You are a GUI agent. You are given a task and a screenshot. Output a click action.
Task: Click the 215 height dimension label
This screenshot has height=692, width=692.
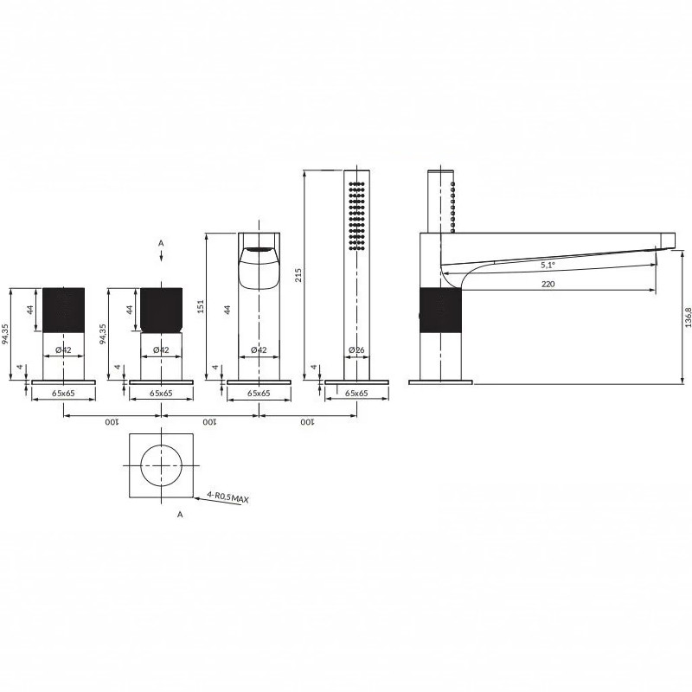(298, 275)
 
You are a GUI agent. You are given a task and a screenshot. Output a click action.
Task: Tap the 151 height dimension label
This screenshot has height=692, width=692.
(201, 306)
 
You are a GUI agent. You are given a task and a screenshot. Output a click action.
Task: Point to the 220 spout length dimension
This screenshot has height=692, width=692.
(548, 285)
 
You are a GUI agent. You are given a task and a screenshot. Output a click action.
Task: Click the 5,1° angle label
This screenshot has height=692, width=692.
(548, 266)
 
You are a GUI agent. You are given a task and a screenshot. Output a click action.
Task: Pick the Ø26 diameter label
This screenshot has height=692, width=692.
(356, 350)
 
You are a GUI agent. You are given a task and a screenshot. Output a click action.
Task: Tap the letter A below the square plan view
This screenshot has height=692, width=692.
(180, 515)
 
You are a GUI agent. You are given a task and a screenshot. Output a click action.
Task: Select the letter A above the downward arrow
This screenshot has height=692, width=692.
(161, 243)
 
